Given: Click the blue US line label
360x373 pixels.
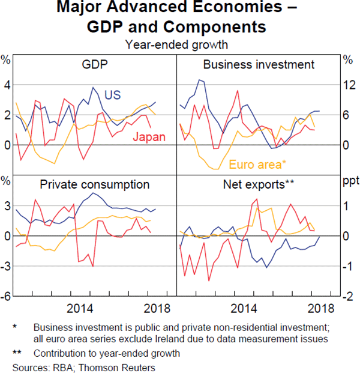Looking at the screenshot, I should (x=113, y=95).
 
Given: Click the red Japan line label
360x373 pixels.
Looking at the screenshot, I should (x=148, y=137).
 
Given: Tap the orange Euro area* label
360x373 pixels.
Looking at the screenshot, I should (x=259, y=163).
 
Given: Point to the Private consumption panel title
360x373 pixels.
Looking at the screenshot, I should (x=95, y=184).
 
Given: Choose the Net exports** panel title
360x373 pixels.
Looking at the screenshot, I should (x=259, y=184).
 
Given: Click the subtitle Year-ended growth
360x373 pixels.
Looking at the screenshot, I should (x=176, y=44).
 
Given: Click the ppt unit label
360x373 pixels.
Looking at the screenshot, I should (x=349, y=180).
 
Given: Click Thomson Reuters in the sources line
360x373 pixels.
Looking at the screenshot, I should (x=122, y=366).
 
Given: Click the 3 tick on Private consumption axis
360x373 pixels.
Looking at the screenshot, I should (x=7, y=206).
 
